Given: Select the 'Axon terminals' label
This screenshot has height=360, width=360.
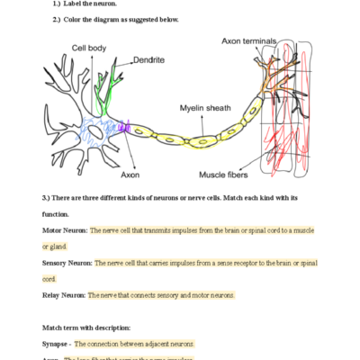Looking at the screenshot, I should coord(254,40).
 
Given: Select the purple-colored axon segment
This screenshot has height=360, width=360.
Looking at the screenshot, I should coord(126,129).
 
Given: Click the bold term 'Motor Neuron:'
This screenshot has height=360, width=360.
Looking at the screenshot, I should coord(64,230).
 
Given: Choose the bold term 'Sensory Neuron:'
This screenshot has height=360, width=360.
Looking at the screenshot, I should coord(67,263).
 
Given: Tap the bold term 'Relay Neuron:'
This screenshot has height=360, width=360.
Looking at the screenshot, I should coord(64,295).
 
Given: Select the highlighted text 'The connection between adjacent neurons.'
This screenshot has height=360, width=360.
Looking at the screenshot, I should coord(126,345).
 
